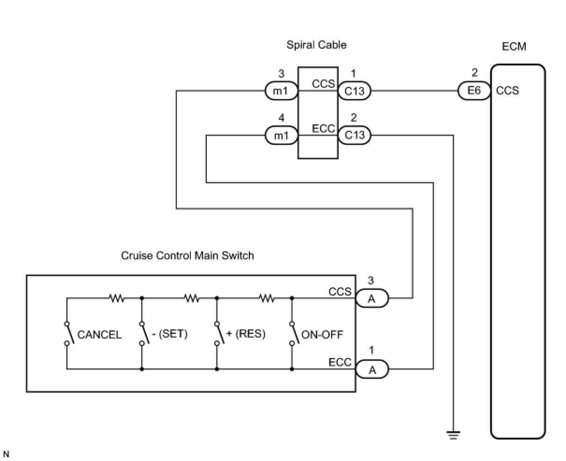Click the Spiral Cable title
(x=316, y=45)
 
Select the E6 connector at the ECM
(x=474, y=91)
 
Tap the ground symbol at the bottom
(x=453, y=435)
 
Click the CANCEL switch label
(x=99, y=335)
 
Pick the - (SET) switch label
(x=169, y=334)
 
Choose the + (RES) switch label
(x=246, y=334)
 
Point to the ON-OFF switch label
(x=322, y=334)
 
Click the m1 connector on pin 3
(x=281, y=91)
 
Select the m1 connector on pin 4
(x=281, y=136)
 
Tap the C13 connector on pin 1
(x=354, y=91)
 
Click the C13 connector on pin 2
(x=354, y=136)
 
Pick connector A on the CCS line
(x=372, y=298)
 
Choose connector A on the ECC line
(x=372, y=370)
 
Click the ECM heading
(x=514, y=47)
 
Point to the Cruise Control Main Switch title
(x=187, y=256)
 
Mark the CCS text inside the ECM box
(x=508, y=91)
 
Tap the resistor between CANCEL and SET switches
(x=116, y=298)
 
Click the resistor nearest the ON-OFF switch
(x=267, y=298)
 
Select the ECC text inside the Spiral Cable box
(x=323, y=129)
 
